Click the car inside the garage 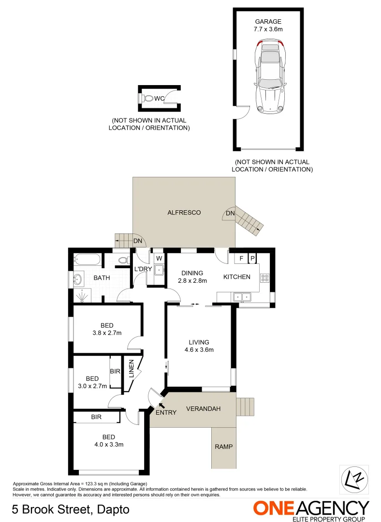(x=269, y=76)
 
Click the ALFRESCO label (x=184, y=212)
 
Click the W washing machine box (x=159, y=258)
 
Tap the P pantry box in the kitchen (x=252, y=259)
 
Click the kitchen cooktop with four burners (x=265, y=277)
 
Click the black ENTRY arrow (x=161, y=405)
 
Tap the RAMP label (x=223, y=447)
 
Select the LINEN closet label (x=131, y=369)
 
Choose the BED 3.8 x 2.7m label (x=107, y=329)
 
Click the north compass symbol (x=352, y=479)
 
